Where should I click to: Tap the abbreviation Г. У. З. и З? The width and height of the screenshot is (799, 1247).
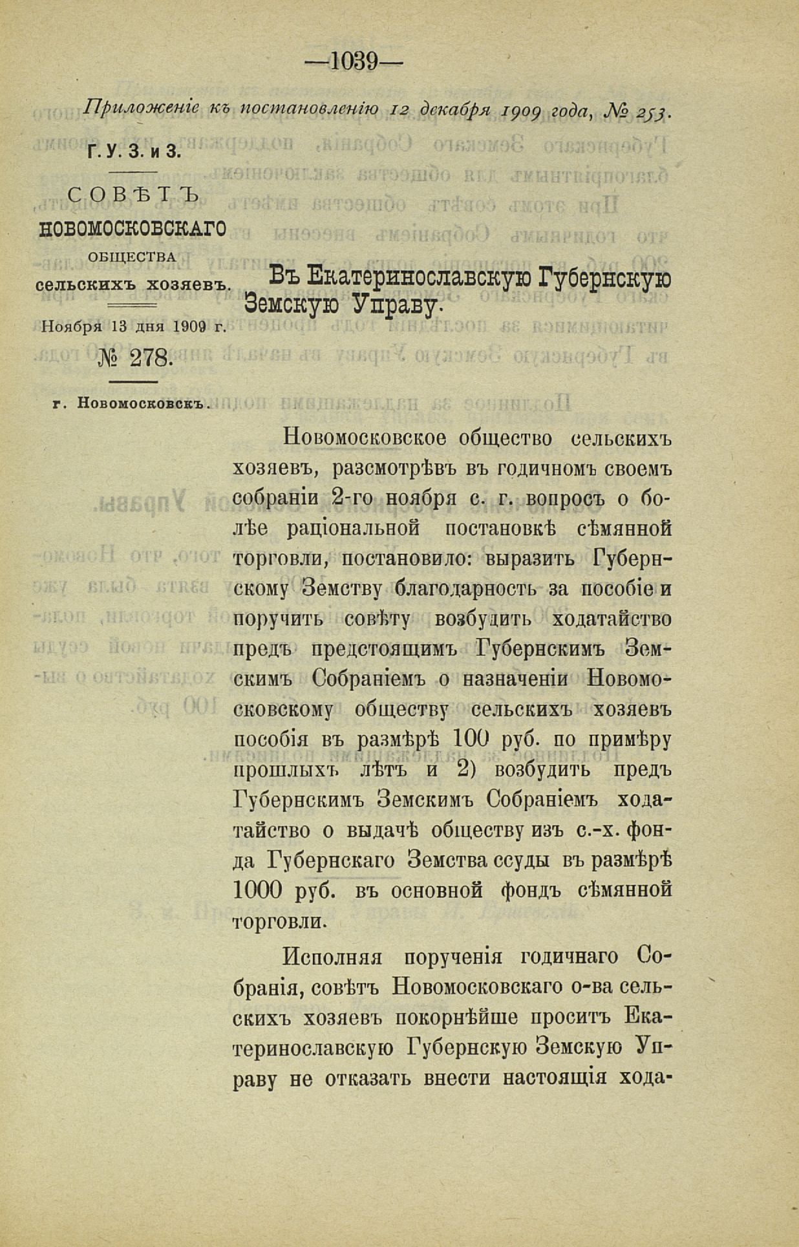point(131,151)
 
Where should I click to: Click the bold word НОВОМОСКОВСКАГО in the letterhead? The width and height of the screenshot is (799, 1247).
point(133,229)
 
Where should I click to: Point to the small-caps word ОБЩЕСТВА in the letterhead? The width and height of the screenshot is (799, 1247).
point(132,257)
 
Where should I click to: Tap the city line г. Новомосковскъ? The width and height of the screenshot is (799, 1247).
point(133,403)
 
